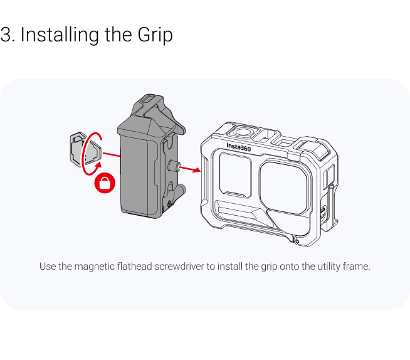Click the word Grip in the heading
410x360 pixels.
[x=155, y=34]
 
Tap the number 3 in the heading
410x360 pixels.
[x=6, y=34]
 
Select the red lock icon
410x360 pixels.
[x=105, y=183]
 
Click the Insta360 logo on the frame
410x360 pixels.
[x=238, y=147]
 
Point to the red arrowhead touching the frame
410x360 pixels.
[x=196, y=170]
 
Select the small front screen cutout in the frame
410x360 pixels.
[x=236, y=175]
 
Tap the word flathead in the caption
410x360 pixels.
[x=135, y=267]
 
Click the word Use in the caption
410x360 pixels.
[x=48, y=267]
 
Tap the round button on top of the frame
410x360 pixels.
[x=243, y=131]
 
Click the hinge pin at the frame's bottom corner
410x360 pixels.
[x=297, y=241]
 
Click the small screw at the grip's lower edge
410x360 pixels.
[x=169, y=203]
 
